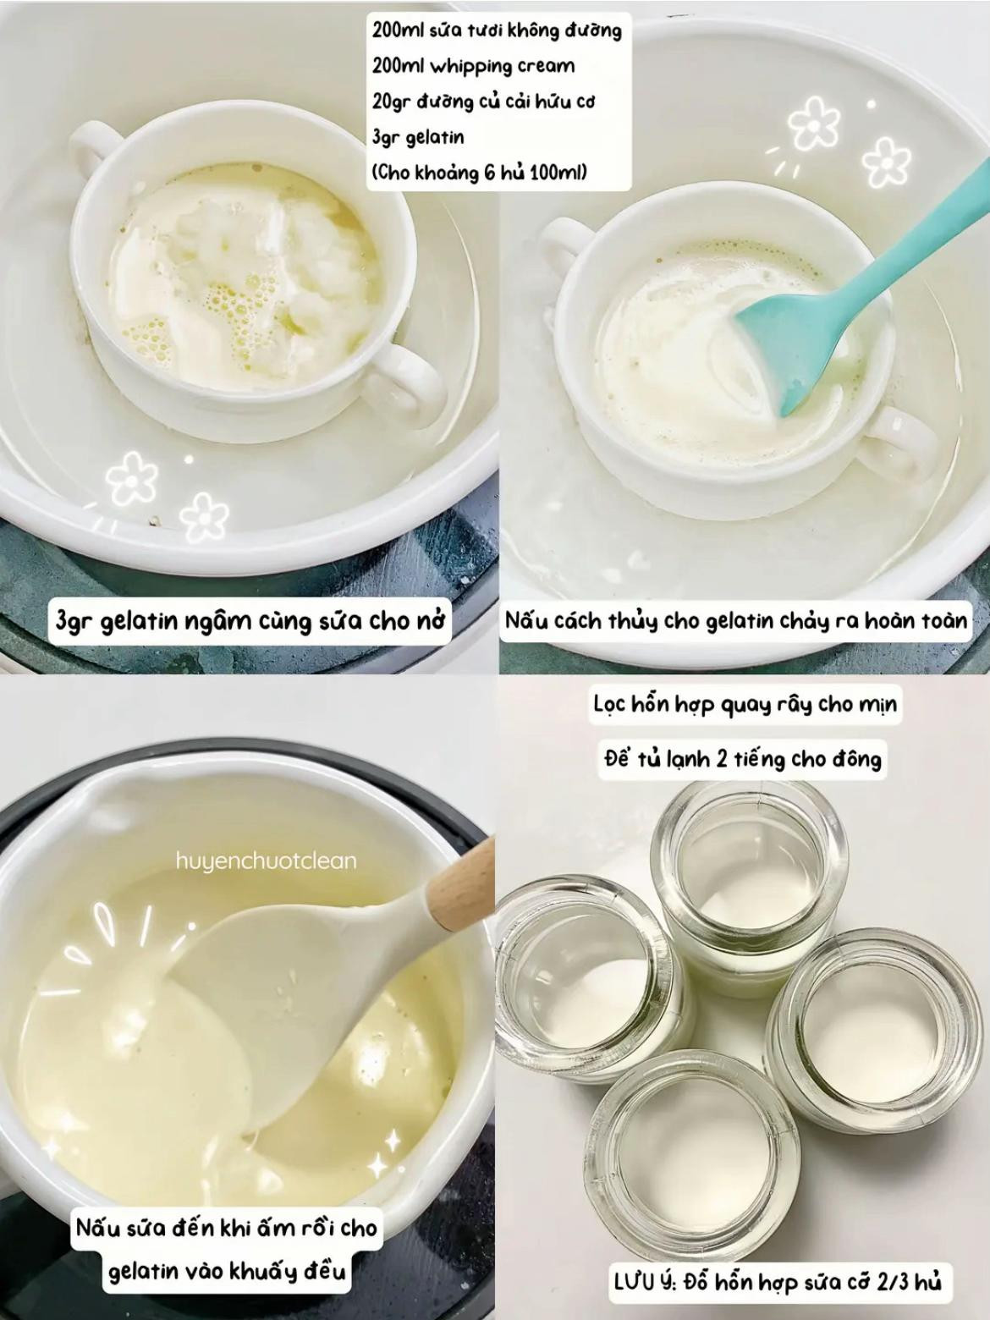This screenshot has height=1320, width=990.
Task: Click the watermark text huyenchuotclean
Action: click(x=267, y=861)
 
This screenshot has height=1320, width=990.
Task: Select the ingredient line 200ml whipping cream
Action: click(x=473, y=66)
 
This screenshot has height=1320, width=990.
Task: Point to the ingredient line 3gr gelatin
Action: click(x=418, y=137)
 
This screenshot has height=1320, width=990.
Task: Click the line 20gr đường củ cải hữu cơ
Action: click(x=483, y=102)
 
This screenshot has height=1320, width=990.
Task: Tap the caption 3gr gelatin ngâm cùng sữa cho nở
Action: click(x=250, y=620)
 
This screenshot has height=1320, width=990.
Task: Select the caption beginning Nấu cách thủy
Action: click(x=735, y=620)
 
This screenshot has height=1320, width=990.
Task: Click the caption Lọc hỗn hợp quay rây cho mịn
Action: click(x=745, y=704)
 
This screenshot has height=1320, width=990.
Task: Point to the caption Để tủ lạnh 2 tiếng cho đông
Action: click(x=743, y=758)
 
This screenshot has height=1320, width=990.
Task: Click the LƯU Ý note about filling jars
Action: click(x=777, y=1282)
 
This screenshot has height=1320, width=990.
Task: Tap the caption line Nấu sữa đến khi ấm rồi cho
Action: click(x=227, y=1227)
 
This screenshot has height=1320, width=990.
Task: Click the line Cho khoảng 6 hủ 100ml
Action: click(x=479, y=173)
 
